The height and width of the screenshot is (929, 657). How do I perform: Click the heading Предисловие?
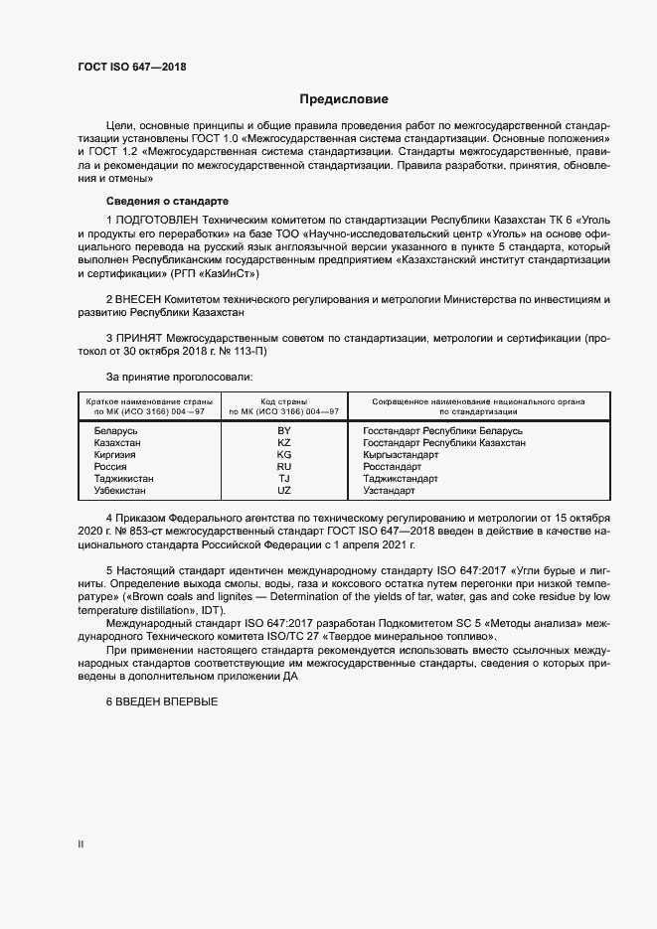[x=344, y=99]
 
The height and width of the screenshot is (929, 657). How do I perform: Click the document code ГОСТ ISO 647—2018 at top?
[x=131, y=67]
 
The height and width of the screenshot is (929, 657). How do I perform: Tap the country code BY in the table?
[x=284, y=430]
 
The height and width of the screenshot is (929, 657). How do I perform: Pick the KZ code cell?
[x=284, y=442]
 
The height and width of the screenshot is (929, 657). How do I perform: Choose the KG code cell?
[x=284, y=454]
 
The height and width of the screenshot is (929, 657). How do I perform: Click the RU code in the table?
[x=284, y=466]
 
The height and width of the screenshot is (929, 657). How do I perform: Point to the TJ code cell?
[x=284, y=478]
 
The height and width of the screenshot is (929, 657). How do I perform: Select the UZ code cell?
[x=284, y=490]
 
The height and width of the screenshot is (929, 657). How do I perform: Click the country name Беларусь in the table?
[x=115, y=430]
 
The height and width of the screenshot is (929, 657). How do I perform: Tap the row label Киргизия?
[x=114, y=454]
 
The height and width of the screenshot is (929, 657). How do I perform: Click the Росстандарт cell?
[x=393, y=466]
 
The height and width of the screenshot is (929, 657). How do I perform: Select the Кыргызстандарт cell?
[x=401, y=454]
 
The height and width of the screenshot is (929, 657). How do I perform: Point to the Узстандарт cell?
[x=390, y=490]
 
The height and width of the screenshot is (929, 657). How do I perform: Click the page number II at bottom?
[x=82, y=845]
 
